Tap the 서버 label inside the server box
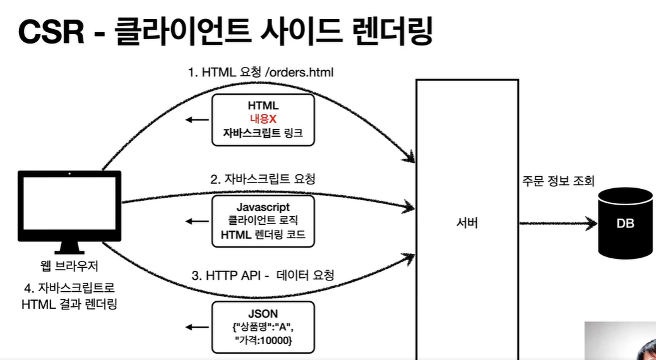(x=467, y=224)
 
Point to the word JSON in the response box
(x=263, y=313)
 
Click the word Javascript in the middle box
(x=263, y=207)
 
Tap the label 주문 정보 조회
(x=558, y=181)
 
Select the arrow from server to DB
(x=558, y=223)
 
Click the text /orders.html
(x=300, y=73)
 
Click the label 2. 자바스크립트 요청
(x=263, y=179)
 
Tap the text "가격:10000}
(x=263, y=342)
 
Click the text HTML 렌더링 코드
(x=263, y=235)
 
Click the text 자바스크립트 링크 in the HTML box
(x=263, y=133)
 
